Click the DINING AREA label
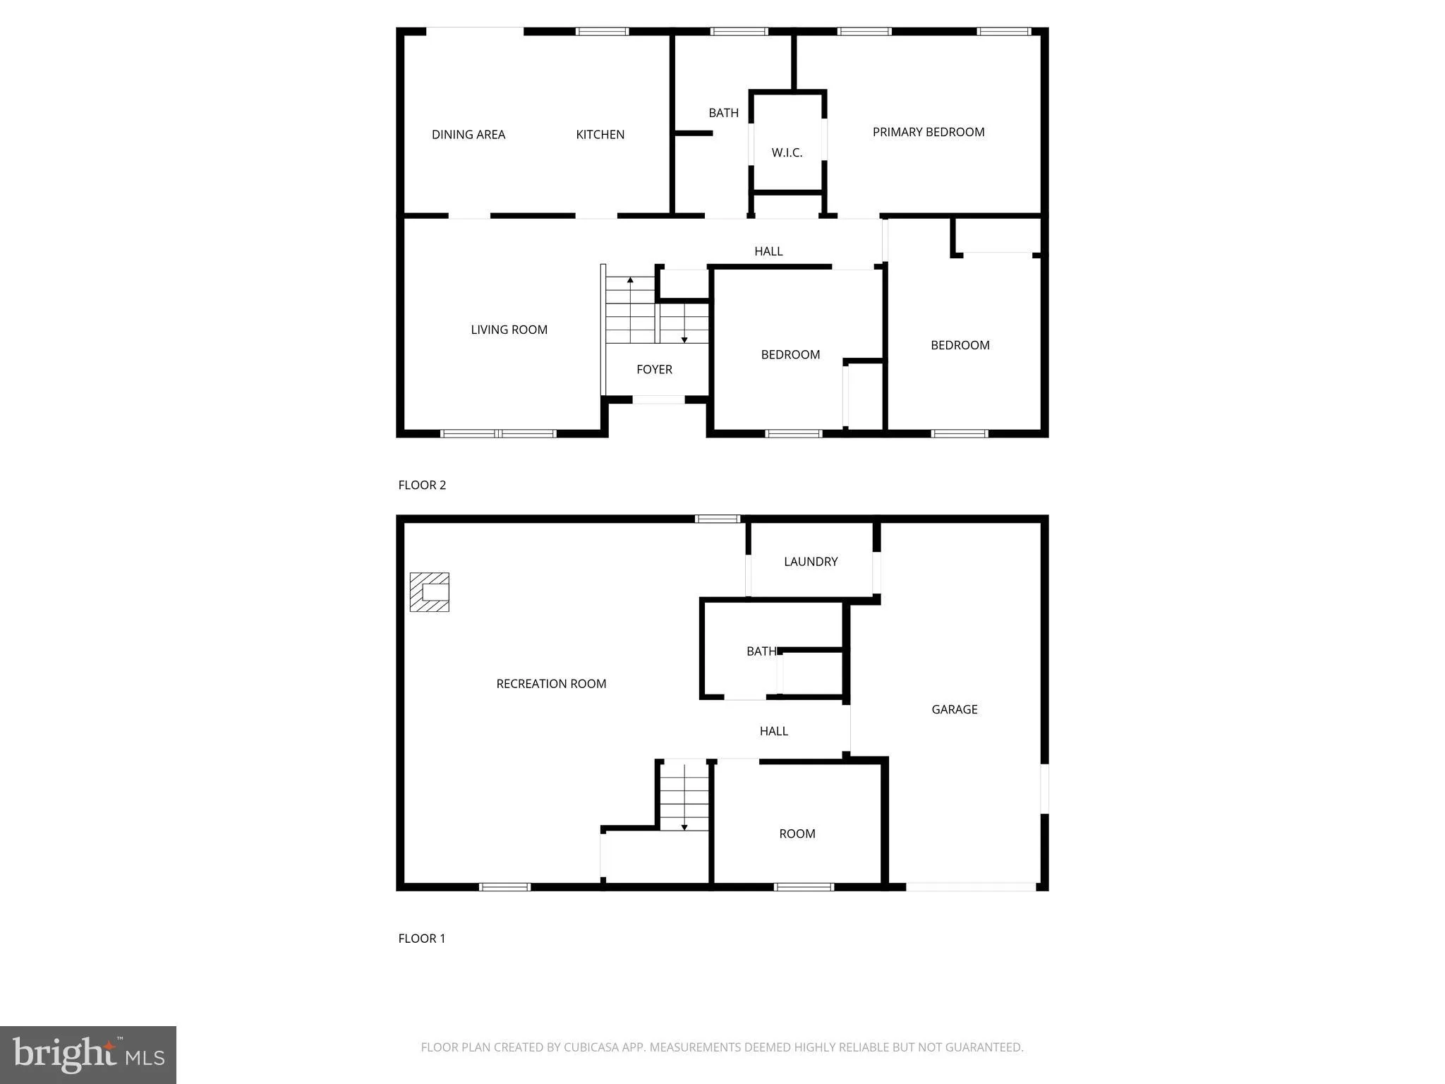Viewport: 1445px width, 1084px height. (468, 135)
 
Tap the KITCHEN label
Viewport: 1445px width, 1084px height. (600, 135)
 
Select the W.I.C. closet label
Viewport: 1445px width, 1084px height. (787, 152)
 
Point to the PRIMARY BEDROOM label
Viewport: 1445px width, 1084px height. (928, 132)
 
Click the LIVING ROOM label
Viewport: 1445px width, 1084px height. (509, 330)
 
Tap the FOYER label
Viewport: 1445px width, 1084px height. (654, 369)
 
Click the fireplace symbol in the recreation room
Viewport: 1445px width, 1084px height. (430, 592)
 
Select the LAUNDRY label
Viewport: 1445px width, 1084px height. (811, 562)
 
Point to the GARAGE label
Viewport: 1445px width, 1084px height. (954, 709)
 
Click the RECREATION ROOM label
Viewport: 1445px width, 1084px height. (551, 684)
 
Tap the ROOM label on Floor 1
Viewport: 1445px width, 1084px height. (797, 833)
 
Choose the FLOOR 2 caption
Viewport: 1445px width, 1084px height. (422, 485)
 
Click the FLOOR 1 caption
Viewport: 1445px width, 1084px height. (422, 938)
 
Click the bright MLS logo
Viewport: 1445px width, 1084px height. (88, 1054)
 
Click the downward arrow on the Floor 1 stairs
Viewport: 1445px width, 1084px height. (684, 826)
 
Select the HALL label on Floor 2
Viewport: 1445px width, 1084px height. (768, 251)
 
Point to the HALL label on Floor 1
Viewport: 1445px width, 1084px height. (773, 731)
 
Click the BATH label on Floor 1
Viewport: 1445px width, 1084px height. (761, 651)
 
